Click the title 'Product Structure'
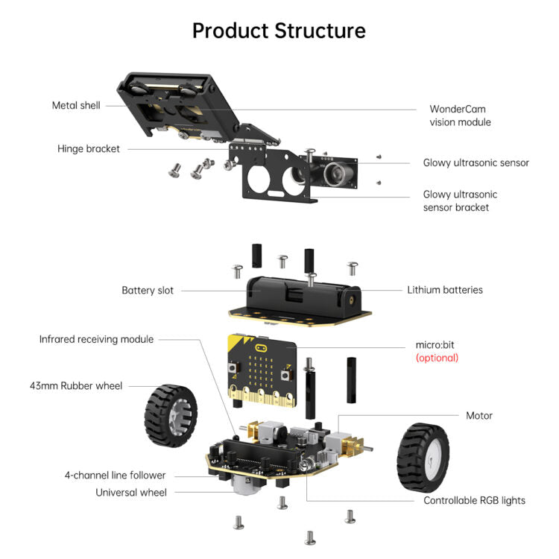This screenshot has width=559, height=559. [x=279, y=31]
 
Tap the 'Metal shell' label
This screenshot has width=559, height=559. [x=76, y=105]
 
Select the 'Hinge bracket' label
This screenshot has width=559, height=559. [x=89, y=148]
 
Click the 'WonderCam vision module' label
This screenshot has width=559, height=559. [x=460, y=115]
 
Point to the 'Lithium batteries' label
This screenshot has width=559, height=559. [x=445, y=289]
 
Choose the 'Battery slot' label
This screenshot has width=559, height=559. [x=148, y=290]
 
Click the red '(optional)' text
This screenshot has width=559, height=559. [x=437, y=358]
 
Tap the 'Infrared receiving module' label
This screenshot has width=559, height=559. [x=96, y=339]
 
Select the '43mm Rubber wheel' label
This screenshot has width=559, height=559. [x=76, y=385]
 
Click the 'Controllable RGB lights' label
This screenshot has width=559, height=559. [x=474, y=500]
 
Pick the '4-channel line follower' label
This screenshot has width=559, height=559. [x=116, y=475]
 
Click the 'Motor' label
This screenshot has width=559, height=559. [x=479, y=415]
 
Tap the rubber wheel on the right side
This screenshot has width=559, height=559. [x=423, y=455]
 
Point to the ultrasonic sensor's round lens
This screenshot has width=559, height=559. [x=337, y=174]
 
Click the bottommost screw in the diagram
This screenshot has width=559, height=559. [x=310, y=537]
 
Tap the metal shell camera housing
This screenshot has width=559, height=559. [x=171, y=108]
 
